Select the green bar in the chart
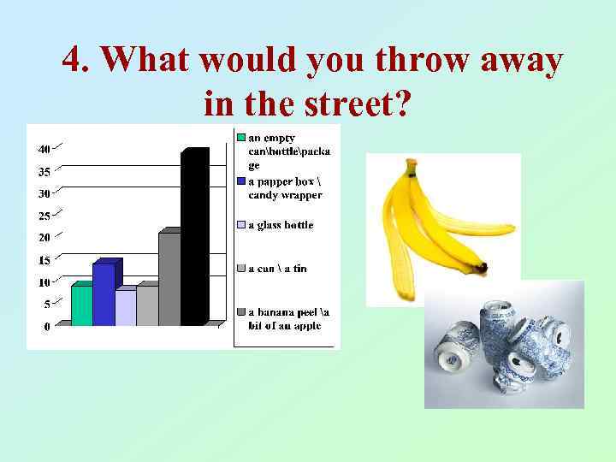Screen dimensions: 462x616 81,305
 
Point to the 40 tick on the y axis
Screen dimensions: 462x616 43,149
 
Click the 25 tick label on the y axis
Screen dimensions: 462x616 43,216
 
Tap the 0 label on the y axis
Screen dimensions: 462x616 46,326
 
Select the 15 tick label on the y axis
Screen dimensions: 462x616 43,260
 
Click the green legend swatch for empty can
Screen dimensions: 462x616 241,137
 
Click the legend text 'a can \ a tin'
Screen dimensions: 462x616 277,269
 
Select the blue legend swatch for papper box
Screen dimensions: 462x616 241,181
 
